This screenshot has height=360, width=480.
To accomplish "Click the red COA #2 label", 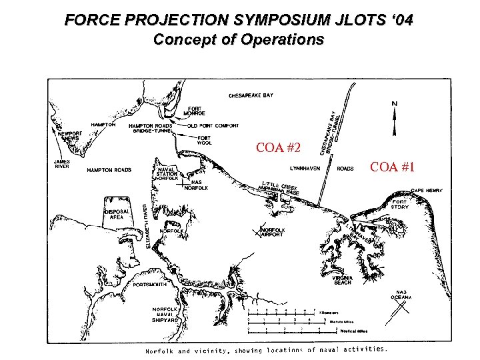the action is [x=278, y=147].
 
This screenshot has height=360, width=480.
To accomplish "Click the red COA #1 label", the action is [x=392, y=167].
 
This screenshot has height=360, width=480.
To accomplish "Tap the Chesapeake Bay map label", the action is [x=251, y=95].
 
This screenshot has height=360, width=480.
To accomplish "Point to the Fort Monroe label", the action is [x=195, y=111].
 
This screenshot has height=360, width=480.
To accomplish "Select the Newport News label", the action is [x=69, y=137].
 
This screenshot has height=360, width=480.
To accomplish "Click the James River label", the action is [x=62, y=164].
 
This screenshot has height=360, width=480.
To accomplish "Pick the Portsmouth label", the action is [x=149, y=285].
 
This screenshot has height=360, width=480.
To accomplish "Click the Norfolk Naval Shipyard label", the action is [x=165, y=315].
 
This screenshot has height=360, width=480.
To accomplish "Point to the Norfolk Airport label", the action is [x=272, y=232].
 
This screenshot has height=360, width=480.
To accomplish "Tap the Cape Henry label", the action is [x=426, y=190].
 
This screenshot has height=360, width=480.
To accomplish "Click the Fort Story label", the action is [x=400, y=204].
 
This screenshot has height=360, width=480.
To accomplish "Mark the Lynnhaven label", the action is [x=305, y=168].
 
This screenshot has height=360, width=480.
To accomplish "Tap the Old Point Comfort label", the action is [x=213, y=125].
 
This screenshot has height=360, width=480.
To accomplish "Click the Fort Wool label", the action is [x=204, y=140].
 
